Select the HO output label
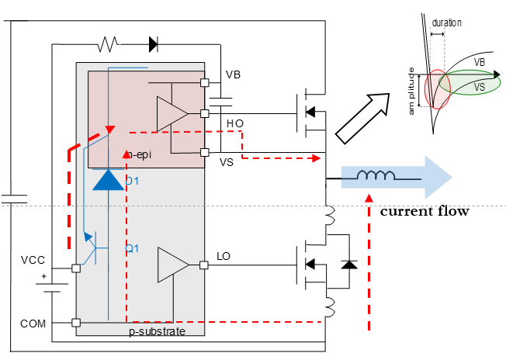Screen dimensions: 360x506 coord(234,123)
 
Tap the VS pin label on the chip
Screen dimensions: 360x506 coord(227,162)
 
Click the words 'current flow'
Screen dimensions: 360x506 coord(424,211)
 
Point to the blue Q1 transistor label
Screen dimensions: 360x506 coord(132,248)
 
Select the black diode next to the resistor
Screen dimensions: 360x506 coord(153,44)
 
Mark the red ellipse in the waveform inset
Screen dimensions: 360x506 coord(438,88)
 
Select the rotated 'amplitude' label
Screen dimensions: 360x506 coord(414,91)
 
